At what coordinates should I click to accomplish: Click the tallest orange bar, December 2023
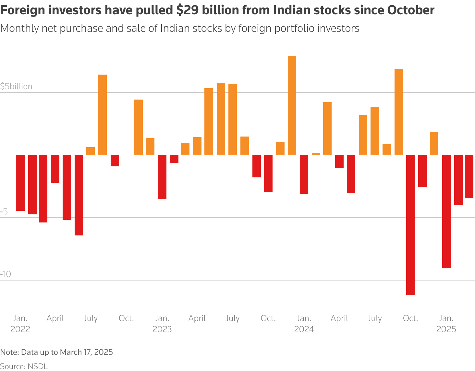(x=292, y=105)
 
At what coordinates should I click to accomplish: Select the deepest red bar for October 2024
(x=410, y=225)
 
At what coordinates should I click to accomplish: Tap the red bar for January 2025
(x=446, y=211)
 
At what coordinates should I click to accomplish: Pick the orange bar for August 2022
(x=103, y=115)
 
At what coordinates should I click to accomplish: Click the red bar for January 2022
(x=20, y=183)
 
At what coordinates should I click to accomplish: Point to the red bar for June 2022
(x=79, y=195)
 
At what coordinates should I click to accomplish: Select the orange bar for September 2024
(x=399, y=112)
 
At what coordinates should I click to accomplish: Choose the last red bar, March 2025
(x=470, y=176)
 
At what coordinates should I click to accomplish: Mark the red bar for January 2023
(x=162, y=177)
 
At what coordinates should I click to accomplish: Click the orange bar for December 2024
(x=434, y=144)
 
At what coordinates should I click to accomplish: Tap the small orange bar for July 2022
(x=91, y=151)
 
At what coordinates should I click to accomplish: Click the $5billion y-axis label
(x=16, y=87)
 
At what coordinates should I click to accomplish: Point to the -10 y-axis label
(x=6, y=274)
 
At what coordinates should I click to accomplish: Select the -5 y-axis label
(x=4, y=212)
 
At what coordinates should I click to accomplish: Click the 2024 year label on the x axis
(x=304, y=329)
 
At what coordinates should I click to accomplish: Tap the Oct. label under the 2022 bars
(x=126, y=318)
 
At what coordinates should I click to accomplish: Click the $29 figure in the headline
(x=186, y=10)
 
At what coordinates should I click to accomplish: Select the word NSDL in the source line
(x=38, y=366)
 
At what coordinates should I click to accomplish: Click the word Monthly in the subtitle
(x=19, y=29)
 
